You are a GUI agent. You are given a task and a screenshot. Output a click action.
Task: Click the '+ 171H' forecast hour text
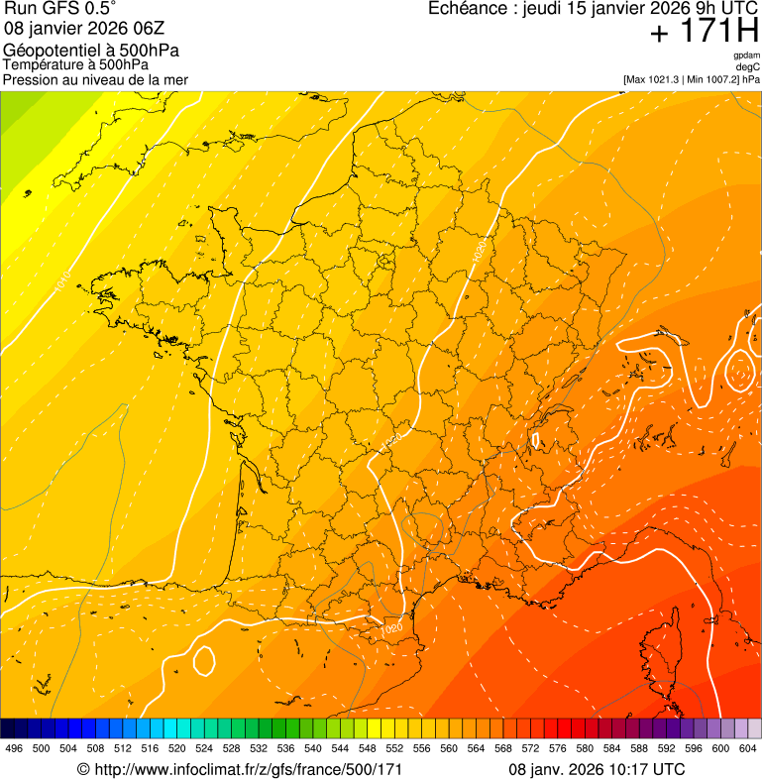click(705, 32)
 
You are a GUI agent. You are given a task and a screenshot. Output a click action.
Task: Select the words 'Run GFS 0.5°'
click(60, 10)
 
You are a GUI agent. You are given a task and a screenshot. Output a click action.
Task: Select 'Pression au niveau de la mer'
click(95, 79)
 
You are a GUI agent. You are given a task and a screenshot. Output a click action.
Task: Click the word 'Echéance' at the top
click(466, 9)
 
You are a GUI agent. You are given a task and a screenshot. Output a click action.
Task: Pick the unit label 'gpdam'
click(746, 56)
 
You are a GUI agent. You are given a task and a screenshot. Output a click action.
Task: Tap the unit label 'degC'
click(748, 67)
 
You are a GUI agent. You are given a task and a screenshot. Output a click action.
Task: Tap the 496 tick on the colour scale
click(14, 748)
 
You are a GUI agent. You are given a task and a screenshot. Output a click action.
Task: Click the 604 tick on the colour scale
click(748, 748)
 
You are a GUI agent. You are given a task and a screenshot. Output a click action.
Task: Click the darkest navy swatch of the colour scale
click(8, 728)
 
